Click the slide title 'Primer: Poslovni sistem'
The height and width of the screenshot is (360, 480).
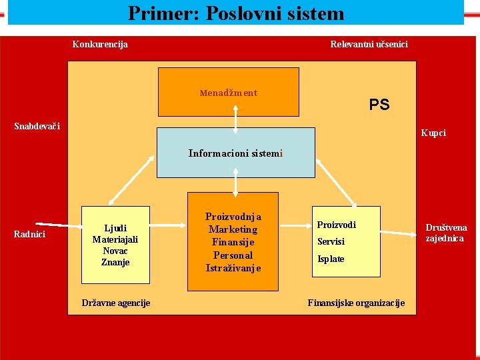click(236, 13)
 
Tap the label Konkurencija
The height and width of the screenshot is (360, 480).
click(100, 45)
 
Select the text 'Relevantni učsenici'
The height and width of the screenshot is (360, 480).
click(369, 45)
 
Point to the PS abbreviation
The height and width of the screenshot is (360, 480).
click(379, 105)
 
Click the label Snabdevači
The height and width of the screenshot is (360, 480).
click(37, 127)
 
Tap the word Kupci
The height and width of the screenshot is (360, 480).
click(433, 133)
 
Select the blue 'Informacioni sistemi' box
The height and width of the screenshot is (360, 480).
click(235, 153)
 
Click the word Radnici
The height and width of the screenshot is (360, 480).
click(29, 234)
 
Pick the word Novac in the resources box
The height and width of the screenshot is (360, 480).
click(115, 251)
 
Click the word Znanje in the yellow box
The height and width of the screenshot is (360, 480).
click(115, 262)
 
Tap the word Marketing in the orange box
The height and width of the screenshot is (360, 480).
click(233, 229)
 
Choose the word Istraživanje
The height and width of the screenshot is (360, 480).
click(233, 268)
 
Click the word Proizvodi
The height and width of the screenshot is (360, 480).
click(336, 225)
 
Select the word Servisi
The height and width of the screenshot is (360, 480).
click(331, 242)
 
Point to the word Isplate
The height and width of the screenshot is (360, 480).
click(331, 259)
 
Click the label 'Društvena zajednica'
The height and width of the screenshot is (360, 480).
click(446, 233)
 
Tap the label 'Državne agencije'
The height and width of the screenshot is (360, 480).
click(116, 303)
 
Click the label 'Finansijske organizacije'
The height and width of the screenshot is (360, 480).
click(356, 303)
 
